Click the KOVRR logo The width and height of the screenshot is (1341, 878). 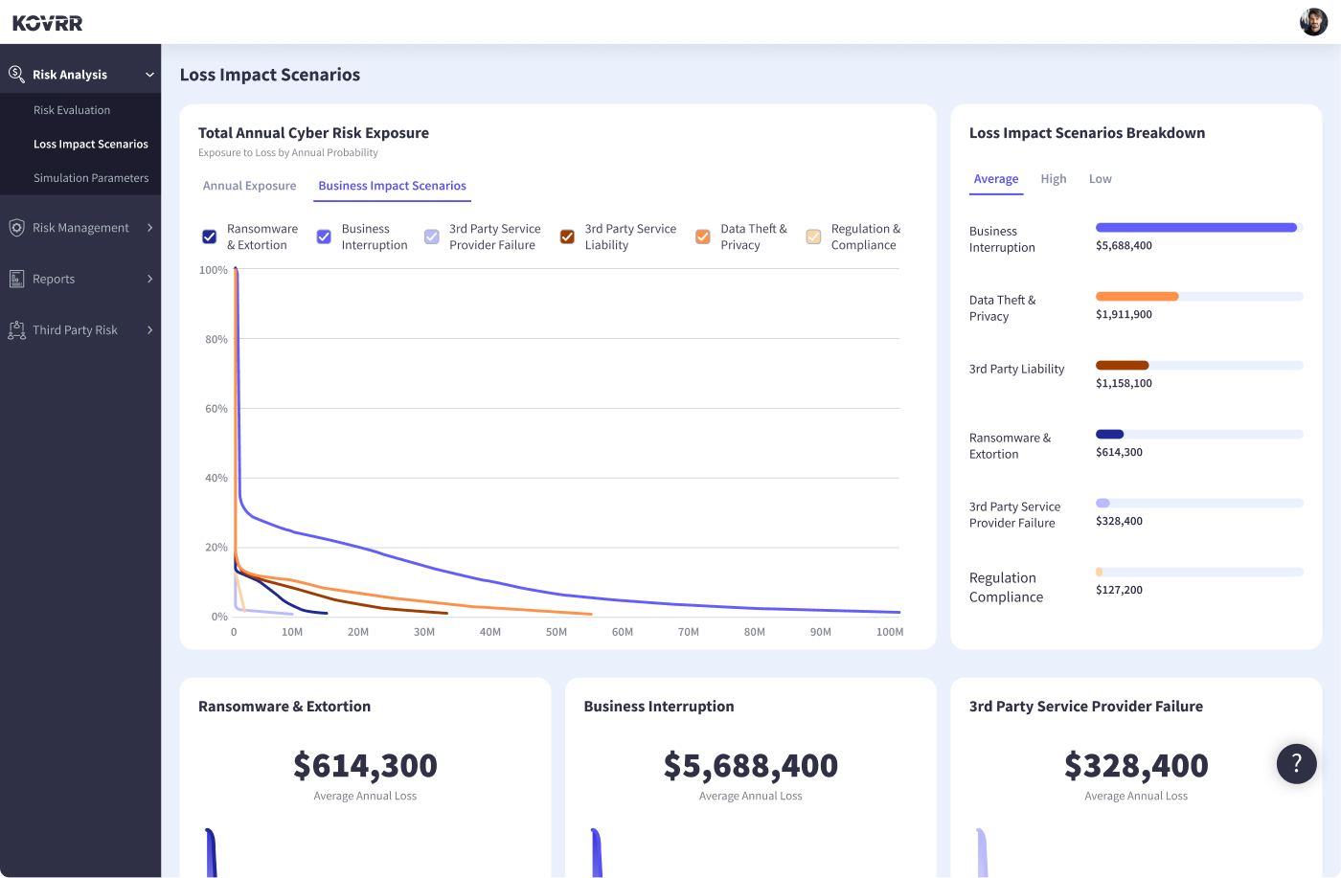[x=48, y=23]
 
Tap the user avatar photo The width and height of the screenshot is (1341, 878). [x=1313, y=21]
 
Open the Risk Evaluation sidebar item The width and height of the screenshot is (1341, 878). [x=72, y=110]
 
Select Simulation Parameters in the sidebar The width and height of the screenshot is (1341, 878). [x=91, y=178]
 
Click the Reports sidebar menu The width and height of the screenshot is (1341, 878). [x=54, y=279]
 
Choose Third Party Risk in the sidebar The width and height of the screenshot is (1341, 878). [x=75, y=330]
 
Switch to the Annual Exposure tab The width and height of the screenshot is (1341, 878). [x=249, y=186]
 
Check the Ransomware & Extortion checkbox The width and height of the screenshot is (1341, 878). [x=210, y=236]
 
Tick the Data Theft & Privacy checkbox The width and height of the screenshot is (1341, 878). [x=703, y=236]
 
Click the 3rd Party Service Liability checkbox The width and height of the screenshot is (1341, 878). [x=567, y=236]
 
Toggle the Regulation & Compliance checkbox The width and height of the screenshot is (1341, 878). [x=813, y=236]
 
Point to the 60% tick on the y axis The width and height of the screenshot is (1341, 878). [x=216, y=409]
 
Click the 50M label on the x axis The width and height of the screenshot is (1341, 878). [x=557, y=632]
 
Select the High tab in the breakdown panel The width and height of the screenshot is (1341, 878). [x=1054, y=179]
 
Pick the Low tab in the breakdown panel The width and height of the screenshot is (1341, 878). [x=1100, y=179]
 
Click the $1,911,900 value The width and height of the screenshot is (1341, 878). [x=1124, y=314]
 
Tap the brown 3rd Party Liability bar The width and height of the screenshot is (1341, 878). [x=1122, y=365]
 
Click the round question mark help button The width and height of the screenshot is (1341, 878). [x=1296, y=763]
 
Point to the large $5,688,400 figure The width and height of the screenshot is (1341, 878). [x=750, y=766]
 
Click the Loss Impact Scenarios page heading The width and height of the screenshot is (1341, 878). [x=270, y=75]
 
